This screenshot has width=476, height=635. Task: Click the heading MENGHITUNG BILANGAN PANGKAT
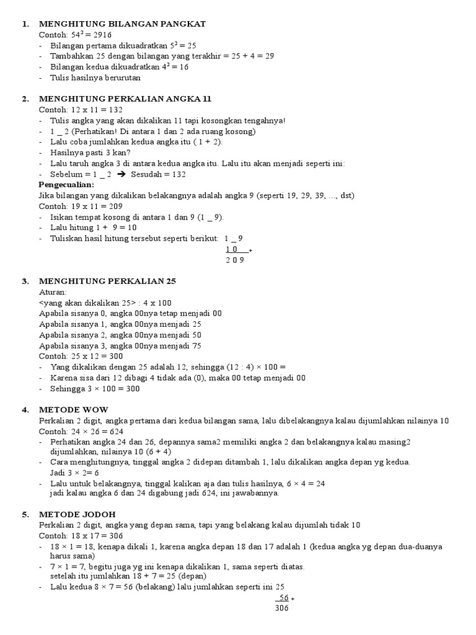[122, 24]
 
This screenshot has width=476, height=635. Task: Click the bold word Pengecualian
[66, 185]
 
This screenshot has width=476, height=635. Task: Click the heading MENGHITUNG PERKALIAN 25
[108, 281]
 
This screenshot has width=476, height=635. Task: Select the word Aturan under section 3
[52, 291]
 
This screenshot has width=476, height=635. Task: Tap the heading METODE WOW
[73, 410]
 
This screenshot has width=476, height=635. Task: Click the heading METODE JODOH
[77, 514]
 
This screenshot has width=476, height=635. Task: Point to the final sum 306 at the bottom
[281, 608]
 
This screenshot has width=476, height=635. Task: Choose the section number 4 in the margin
[25, 410]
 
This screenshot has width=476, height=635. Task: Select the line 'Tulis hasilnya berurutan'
[95, 78]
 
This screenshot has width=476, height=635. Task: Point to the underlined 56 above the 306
[283, 597]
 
